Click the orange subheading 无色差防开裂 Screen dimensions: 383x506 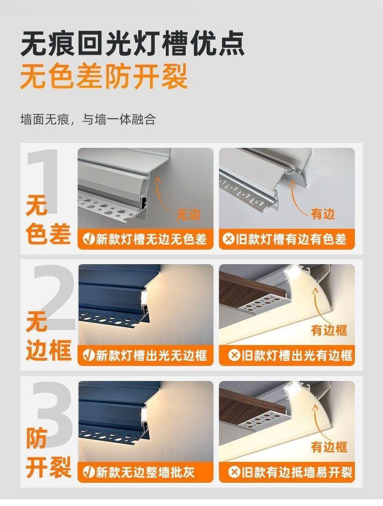tap(104, 77)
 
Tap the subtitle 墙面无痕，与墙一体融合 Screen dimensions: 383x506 tap(88, 119)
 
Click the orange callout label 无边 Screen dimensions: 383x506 tap(189, 214)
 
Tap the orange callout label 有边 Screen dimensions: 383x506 tap(323, 214)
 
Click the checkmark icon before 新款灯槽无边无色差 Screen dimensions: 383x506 tap(88, 239)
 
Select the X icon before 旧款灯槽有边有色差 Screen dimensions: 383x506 tap(228, 239)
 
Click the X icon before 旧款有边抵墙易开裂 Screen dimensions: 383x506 tap(234, 473)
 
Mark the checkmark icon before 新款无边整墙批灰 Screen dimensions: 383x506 tap(88, 473)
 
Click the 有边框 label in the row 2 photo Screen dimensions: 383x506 tap(329, 330)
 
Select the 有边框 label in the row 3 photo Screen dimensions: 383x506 tap(329, 447)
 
